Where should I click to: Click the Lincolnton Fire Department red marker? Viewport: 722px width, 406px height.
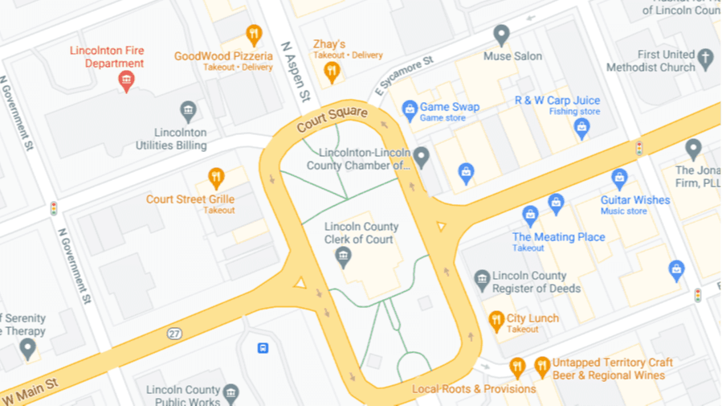(x=125, y=80)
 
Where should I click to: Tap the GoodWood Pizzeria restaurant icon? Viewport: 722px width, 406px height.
(x=254, y=35)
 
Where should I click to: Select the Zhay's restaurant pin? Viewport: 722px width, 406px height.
(x=331, y=72)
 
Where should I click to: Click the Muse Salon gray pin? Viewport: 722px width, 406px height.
(x=501, y=35)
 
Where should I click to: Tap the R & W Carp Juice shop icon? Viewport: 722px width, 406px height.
(x=581, y=127)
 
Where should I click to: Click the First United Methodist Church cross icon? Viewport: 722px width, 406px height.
(x=705, y=58)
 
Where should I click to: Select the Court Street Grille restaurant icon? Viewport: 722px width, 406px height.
(x=215, y=177)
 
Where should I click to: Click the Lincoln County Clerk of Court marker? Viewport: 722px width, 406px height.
(x=344, y=257)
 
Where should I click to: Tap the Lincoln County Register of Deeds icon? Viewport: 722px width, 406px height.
(x=482, y=280)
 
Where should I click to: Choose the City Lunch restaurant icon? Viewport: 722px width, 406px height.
(x=496, y=322)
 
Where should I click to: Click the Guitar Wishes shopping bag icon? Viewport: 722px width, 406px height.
(x=618, y=178)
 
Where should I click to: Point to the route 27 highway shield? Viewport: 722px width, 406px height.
(x=175, y=333)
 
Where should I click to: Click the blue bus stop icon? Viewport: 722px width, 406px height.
(x=263, y=348)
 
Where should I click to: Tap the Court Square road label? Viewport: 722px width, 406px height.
(x=331, y=120)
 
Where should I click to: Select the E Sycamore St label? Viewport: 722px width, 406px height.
(x=401, y=73)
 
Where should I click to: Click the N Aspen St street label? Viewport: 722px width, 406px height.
(x=293, y=72)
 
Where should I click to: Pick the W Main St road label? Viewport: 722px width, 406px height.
(x=31, y=392)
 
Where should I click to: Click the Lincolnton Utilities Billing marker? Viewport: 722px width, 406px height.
(x=188, y=110)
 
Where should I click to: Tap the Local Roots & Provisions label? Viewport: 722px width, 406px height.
(x=473, y=389)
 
